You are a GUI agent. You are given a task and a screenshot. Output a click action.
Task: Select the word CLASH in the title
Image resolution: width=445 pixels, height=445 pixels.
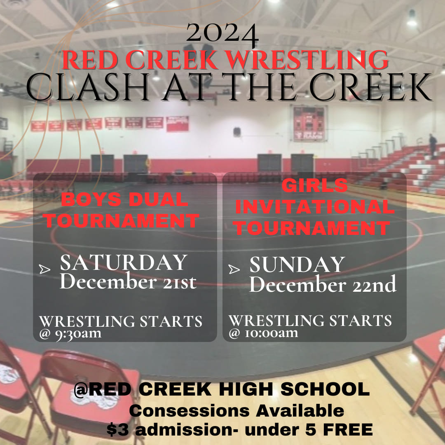(x=88, y=87)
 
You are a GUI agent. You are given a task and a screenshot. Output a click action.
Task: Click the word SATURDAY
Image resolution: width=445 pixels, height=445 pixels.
(x=124, y=262)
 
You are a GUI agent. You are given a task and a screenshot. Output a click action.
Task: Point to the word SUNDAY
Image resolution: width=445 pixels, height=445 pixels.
(x=297, y=265)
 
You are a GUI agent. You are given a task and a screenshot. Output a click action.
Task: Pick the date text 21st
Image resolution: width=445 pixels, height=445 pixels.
(x=179, y=282)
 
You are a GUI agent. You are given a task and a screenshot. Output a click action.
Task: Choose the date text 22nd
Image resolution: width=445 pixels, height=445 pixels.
(x=374, y=284)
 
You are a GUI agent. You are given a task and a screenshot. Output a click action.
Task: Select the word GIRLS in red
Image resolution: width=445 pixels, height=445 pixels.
(x=314, y=185)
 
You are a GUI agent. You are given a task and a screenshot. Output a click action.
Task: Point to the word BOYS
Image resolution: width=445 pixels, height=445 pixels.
(x=91, y=199)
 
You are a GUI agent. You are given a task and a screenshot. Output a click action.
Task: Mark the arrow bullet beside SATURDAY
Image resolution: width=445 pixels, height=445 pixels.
(x=45, y=269)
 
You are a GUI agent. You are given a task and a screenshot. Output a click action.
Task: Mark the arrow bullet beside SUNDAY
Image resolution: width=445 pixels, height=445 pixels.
(x=234, y=269)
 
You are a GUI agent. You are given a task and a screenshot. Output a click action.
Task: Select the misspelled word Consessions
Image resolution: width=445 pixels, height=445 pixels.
(x=190, y=410)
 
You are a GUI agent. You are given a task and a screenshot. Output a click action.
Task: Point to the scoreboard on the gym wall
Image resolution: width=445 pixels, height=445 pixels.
(x=309, y=123)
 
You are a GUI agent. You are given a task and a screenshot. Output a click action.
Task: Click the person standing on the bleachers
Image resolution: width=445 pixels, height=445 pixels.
(x=433, y=145)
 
